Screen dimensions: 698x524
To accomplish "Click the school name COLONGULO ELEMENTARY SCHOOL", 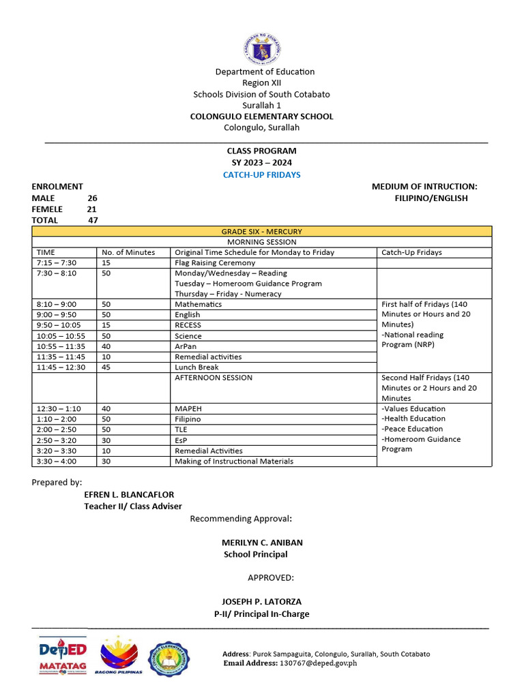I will (x=262, y=117).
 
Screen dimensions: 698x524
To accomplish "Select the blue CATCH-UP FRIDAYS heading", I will (x=262, y=175).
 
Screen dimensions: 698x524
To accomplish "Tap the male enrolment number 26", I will (x=92, y=198).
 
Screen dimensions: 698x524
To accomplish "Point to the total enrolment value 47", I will (x=93, y=220).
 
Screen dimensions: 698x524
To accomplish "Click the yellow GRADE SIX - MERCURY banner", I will (x=262, y=232).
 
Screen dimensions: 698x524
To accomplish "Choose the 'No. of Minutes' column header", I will (x=129, y=252).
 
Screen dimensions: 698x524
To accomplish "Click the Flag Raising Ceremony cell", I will (x=215, y=262).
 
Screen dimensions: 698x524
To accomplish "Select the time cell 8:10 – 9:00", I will (x=57, y=304).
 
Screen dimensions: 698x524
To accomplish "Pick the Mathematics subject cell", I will (x=198, y=304).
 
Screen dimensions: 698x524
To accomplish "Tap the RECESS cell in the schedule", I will (x=188, y=325).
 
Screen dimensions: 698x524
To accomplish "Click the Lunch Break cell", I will (x=197, y=367).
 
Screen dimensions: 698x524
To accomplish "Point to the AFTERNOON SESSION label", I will (x=214, y=378).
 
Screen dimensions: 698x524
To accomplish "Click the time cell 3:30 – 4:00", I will (x=57, y=461).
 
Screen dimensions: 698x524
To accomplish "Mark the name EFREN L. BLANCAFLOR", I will (x=129, y=495).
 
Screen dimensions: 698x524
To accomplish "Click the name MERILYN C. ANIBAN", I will (x=262, y=543).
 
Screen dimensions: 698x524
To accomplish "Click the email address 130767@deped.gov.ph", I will (x=318, y=663).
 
